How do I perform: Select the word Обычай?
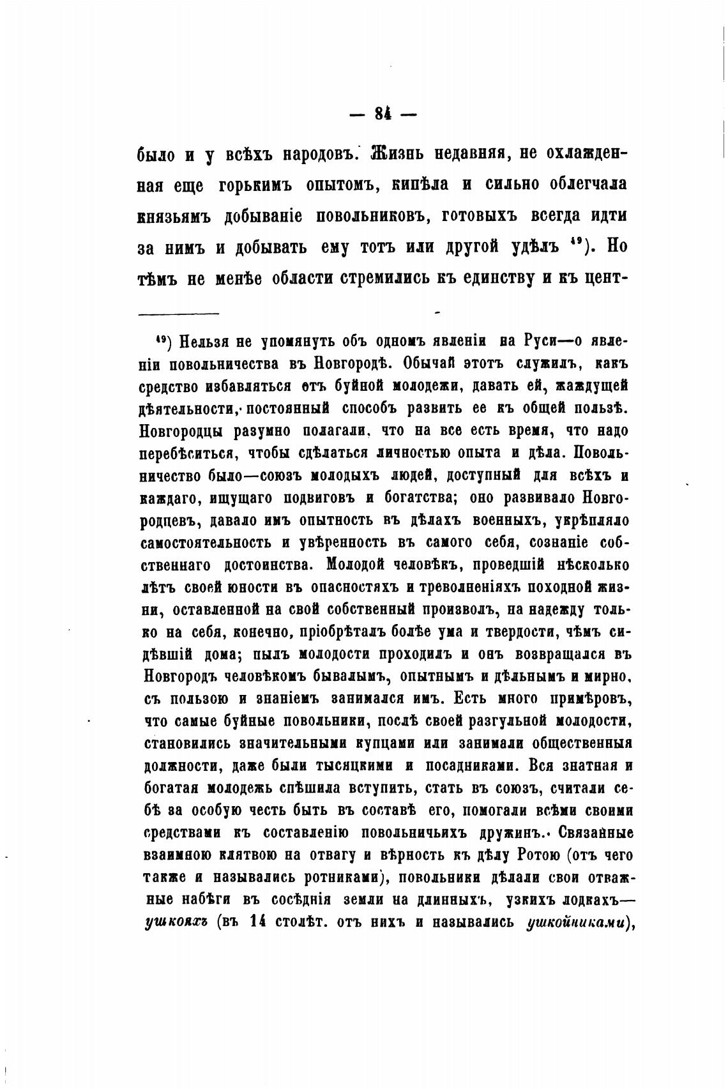point(436,364)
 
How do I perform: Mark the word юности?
point(275,588)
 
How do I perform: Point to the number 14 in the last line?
point(257,922)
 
